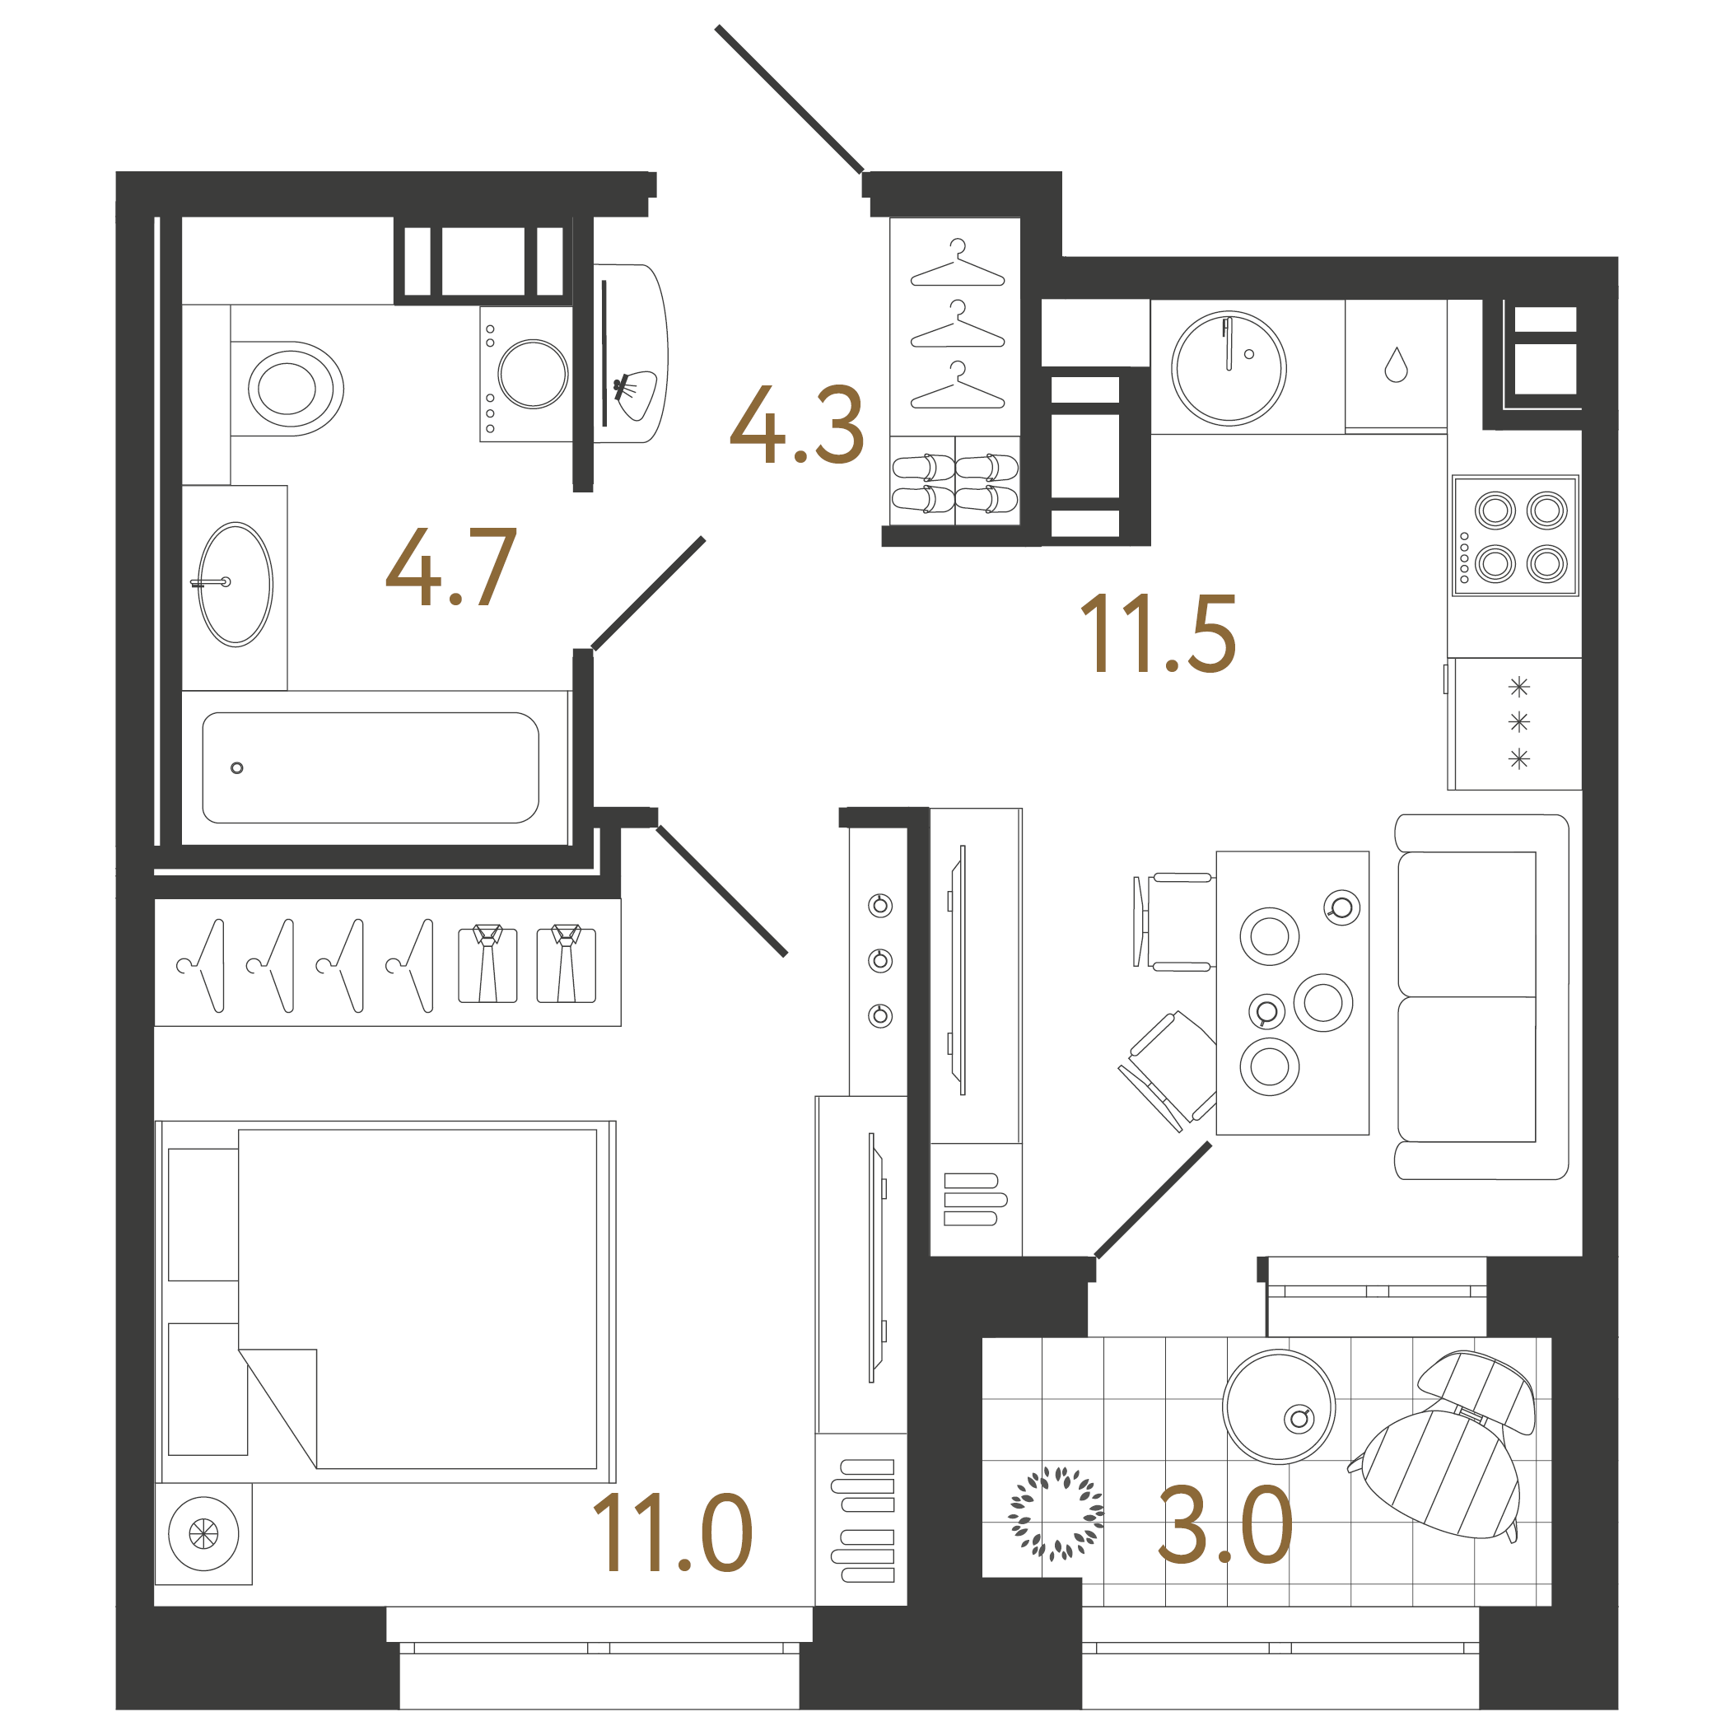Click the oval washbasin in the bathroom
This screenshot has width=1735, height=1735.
[236, 585]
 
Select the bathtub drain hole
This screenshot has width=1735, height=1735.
[237, 767]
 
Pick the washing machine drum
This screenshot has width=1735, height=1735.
[533, 374]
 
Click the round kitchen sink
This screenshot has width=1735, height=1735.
[1228, 368]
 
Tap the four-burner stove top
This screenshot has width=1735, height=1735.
[1515, 536]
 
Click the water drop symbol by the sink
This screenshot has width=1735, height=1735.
[1396, 365]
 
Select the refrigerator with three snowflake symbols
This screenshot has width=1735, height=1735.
[1517, 724]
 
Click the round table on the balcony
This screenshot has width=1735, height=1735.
[1278, 1406]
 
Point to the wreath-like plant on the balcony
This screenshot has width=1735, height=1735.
[1056, 1513]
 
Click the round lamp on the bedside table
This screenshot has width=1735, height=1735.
[204, 1534]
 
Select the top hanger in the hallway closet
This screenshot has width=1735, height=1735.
[958, 267]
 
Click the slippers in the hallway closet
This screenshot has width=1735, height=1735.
[954, 483]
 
